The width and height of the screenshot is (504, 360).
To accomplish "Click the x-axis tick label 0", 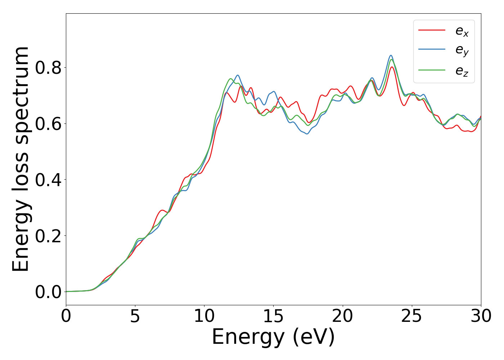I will click(x=66, y=316).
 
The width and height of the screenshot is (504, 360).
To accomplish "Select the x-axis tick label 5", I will click(x=135, y=316).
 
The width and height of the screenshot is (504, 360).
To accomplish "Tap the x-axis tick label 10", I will click(x=204, y=316).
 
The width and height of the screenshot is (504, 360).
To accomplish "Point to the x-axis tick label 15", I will click(x=273, y=316).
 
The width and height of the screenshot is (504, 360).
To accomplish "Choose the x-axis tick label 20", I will click(x=342, y=316).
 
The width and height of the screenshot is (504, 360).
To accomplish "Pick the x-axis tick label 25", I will click(x=411, y=316).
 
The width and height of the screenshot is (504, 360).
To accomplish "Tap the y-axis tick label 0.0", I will click(x=48, y=292).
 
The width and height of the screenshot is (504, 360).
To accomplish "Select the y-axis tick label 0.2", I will click(x=48, y=236).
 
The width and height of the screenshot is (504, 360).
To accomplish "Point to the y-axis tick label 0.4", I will click(x=48, y=180).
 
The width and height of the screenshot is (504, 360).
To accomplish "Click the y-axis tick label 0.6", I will click(x=48, y=124).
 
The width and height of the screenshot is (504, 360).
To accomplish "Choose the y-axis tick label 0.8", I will click(x=48, y=68).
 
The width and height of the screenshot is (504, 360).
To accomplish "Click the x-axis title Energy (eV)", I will click(x=273, y=338).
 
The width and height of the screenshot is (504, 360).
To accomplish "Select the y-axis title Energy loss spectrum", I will click(x=21, y=159).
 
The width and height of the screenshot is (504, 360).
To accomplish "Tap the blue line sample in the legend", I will click(x=432, y=49).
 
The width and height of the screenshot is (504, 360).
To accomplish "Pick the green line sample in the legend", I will click(x=432, y=70).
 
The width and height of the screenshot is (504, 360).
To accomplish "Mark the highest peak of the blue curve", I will click(x=391, y=55).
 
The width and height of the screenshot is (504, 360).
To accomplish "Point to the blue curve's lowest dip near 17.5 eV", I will click(x=307, y=134).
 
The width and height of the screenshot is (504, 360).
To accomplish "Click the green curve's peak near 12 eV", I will click(x=231, y=78).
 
